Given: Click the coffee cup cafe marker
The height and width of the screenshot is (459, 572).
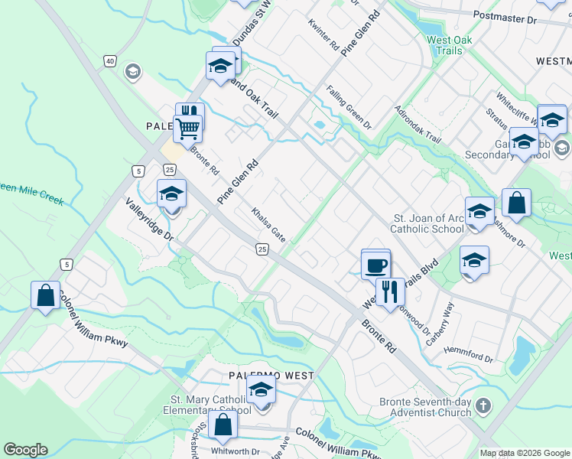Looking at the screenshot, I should point(375,265).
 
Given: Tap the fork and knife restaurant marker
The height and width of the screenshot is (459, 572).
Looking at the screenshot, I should point(390,291).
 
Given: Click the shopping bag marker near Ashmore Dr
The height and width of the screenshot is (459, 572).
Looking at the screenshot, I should point(516,203).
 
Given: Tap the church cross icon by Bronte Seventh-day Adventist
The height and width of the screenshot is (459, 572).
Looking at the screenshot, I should point(482,405).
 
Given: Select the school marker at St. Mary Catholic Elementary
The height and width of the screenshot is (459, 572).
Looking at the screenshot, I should point(261,390).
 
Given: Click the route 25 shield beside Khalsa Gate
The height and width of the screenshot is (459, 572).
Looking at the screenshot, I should point(262,249).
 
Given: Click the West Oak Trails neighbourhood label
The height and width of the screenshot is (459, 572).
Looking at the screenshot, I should point(449,45).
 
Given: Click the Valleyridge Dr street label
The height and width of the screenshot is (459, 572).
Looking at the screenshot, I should point(150,220).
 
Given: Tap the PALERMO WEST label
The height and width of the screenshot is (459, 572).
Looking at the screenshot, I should point(271,376).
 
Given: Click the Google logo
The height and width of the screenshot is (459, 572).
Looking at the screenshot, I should point(25,450).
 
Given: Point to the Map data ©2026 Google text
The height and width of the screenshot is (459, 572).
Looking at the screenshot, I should point(524,453).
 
